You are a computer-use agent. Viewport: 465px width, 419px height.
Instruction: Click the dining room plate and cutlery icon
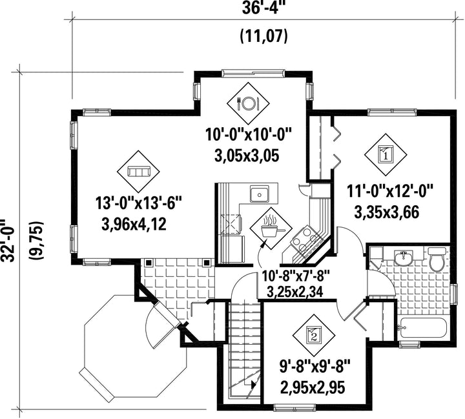pyautogui.click(x=248, y=103)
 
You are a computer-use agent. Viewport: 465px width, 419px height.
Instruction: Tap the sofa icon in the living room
pyautogui.click(x=138, y=172)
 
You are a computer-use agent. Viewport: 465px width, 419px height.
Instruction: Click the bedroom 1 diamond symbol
pyautogui.click(x=386, y=155)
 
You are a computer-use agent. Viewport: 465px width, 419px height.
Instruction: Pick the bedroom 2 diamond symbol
pyautogui.click(x=314, y=335)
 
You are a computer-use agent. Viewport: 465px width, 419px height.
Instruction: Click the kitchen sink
pyautogui.click(x=259, y=194)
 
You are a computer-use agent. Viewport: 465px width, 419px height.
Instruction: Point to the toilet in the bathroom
pyautogui.click(x=437, y=260)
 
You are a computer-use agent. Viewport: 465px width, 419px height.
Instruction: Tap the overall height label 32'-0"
pyautogui.click(x=8, y=241)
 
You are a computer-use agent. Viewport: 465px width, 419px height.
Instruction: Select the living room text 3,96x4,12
pyautogui.click(x=134, y=225)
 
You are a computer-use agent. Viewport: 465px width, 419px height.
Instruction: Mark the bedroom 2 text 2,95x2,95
pyautogui.click(x=313, y=387)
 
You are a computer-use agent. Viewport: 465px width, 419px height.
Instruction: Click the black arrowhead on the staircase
pyautogui.click(x=253, y=385)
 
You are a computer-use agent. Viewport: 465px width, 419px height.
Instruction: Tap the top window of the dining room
pyautogui.click(x=253, y=73)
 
